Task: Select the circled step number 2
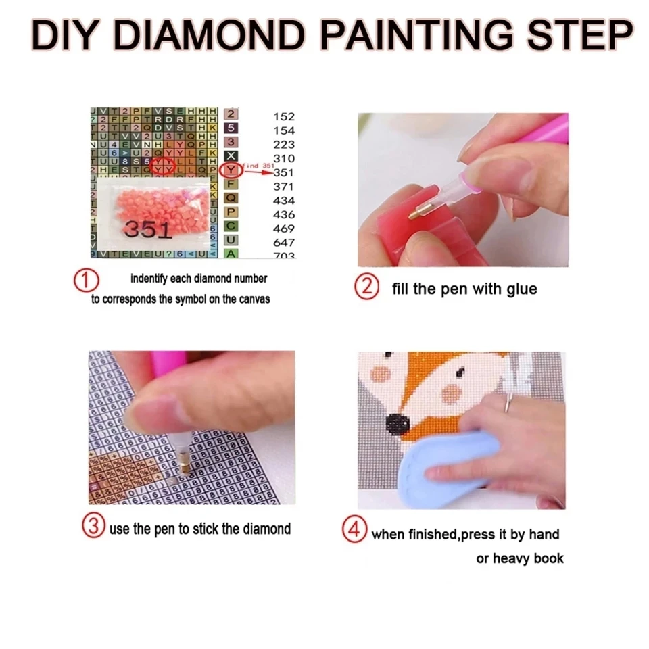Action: click(x=366, y=287)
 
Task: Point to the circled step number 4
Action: click(x=354, y=529)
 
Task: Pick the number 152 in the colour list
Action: click(x=284, y=117)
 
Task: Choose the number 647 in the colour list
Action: click(x=284, y=242)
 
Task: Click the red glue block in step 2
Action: click(x=389, y=230)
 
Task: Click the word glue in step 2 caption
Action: click(x=520, y=289)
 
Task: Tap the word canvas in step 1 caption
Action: click(x=253, y=299)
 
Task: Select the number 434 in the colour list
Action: click(x=284, y=200)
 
